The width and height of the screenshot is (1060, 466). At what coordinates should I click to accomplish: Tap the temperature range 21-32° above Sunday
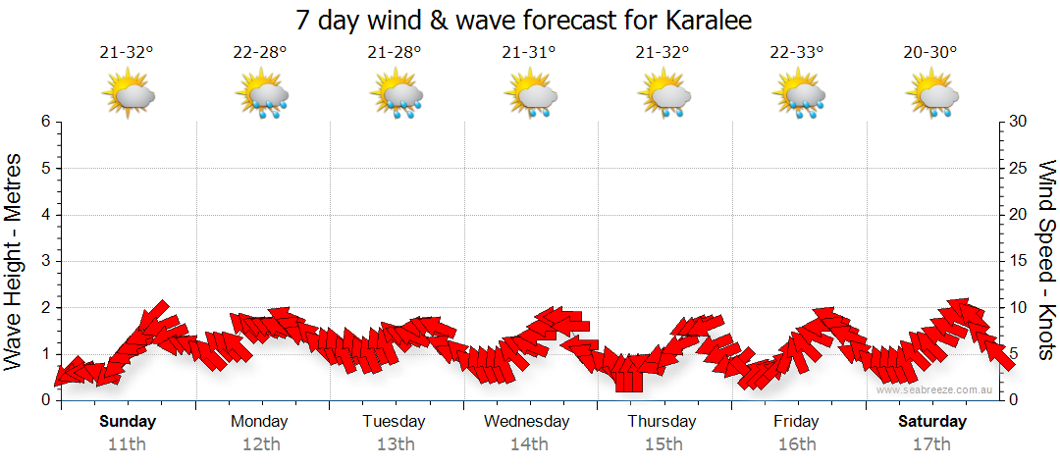[128, 53]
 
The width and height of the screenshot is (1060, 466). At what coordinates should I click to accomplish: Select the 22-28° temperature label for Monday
[260, 53]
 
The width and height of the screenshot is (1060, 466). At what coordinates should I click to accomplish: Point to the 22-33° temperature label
[797, 53]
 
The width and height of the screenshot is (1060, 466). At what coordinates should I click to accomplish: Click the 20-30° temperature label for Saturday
[930, 53]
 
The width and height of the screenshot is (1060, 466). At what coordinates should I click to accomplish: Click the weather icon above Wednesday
[531, 96]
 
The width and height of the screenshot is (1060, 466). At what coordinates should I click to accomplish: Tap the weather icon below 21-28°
[397, 96]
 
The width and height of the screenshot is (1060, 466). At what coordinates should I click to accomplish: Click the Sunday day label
[128, 422]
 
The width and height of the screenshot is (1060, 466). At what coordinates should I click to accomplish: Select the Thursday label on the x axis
[662, 422]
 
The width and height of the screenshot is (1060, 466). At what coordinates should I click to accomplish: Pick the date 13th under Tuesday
[395, 444]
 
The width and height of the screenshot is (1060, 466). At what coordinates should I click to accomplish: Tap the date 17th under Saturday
[930, 444]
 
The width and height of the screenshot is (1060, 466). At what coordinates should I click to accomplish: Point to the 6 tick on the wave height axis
[45, 122]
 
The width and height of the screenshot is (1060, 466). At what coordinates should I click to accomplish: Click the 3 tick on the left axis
[45, 261]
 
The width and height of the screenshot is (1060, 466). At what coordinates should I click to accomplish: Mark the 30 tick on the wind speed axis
[1019, 122]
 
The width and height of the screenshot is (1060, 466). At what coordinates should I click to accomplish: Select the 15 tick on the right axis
[1019, 261]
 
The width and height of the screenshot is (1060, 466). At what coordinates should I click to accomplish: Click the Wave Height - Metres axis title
[15, 261]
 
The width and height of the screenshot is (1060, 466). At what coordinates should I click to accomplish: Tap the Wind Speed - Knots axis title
[1046, 261]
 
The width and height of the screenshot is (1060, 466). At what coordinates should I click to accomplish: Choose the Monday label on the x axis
[260, 422]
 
